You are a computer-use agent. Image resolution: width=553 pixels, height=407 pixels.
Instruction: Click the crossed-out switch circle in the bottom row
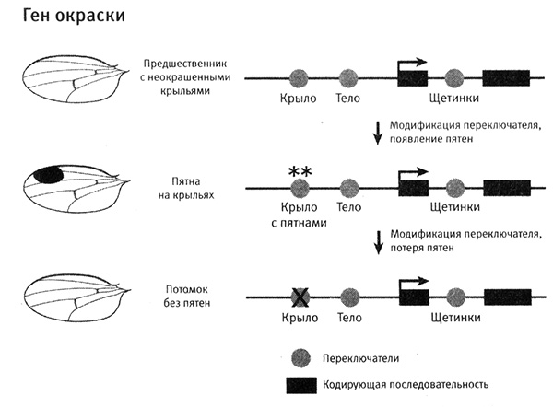point(299,297)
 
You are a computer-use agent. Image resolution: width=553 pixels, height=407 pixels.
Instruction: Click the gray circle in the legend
point(299,355)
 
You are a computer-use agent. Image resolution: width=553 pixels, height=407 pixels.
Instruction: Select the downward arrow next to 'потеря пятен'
point(376,241)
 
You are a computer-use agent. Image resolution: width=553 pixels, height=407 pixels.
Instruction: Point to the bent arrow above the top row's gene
point(411,64)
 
